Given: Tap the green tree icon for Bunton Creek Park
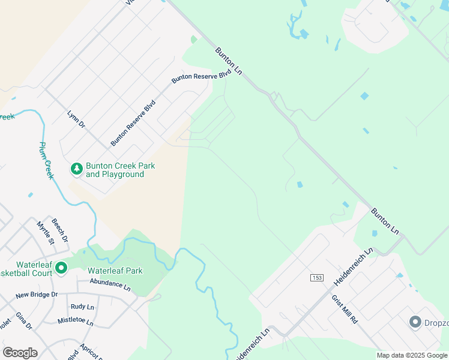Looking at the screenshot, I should tap(76, 170).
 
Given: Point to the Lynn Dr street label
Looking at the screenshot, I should tap(76, 119).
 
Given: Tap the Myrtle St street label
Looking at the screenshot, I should tap(46, 233).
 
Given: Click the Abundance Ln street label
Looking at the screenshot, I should tap(110, 284).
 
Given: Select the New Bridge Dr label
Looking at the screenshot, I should tap(37, 295).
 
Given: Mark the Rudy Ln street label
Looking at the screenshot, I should tap(82, 307).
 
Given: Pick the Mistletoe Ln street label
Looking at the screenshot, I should tap(76, 321).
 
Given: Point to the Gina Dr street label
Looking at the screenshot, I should tap(24, 321).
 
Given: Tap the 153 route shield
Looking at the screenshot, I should tap(317, 277).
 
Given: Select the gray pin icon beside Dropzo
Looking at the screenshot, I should tap(415, 322).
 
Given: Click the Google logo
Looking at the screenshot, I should tap(20, 353).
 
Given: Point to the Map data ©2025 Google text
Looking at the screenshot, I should tap(412, 355).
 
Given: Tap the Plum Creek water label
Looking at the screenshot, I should tap(46, 160).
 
